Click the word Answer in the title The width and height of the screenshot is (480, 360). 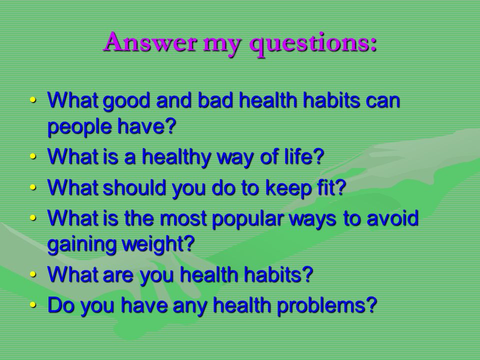[150, 41]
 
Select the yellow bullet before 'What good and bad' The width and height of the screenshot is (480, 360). [33, 100]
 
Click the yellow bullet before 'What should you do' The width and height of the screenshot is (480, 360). [33, 187]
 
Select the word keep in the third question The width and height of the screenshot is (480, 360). [288, 188]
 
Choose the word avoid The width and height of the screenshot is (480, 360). [392, 218]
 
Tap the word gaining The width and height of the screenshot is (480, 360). [81, 244]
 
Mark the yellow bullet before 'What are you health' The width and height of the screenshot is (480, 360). [33, 274]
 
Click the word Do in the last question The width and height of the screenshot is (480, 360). [61, 305]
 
